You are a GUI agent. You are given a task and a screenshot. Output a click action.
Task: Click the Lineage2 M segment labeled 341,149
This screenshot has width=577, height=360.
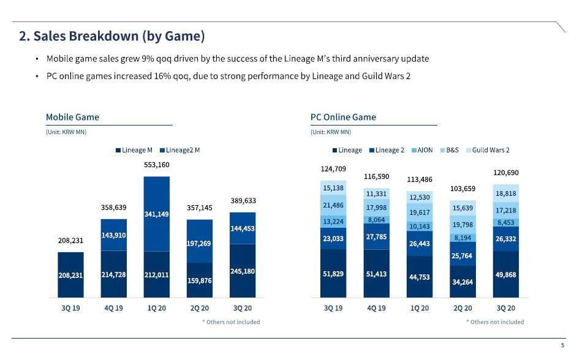[156, 214]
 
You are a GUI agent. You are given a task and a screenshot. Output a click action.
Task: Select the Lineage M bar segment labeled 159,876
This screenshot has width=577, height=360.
[200, 280]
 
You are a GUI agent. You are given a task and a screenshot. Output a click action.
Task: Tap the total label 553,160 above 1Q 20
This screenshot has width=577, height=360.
[156, 165]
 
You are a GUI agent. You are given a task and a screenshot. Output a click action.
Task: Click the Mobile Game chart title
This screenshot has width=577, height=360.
[72, 117]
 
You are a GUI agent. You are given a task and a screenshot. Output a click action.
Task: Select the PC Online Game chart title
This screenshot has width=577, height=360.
[343, 117]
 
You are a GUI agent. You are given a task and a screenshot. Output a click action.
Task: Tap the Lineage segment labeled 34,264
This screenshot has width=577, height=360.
[462, 282]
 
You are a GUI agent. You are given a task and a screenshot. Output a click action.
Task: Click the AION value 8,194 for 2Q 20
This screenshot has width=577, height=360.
[462, 238]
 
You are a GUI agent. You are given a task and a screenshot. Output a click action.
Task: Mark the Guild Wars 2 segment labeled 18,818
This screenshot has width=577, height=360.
[506, 193]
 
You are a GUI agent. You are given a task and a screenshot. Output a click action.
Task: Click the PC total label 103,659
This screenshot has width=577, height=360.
[462, 188]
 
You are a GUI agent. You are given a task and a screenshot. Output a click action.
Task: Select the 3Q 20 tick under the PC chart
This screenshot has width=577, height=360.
[506, 308]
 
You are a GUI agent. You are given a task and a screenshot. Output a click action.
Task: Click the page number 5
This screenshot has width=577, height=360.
[563, 345]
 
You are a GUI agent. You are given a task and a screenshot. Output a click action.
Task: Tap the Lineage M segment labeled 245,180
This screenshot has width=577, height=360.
[243, 271]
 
